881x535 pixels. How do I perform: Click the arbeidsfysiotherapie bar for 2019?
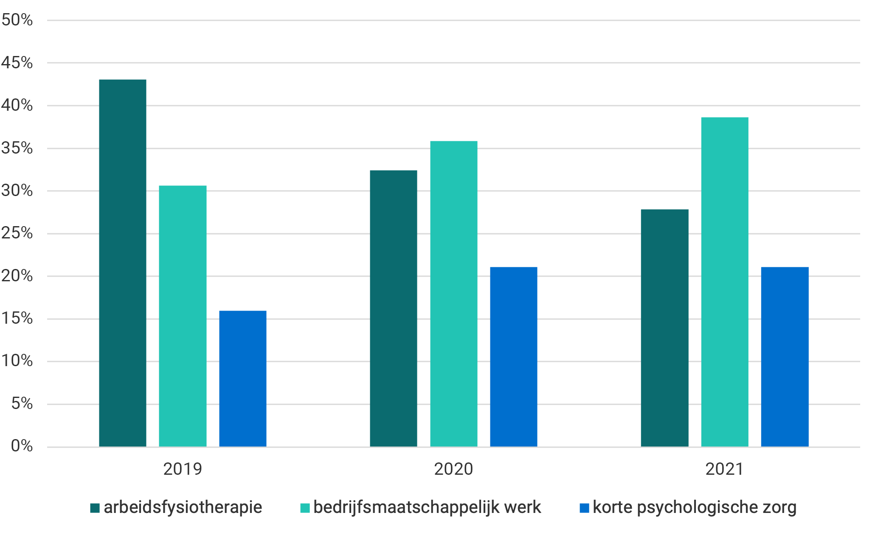click(x=123, y=263)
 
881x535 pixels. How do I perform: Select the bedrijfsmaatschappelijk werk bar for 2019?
click(x=183, y=316)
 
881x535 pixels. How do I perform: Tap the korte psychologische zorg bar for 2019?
click(x=243, y=378)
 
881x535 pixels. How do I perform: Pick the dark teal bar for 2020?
click(x=394, y=308)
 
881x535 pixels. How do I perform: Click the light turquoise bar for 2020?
click(x=454, y=294)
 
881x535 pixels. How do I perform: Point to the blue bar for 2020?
click(x=514, y=357)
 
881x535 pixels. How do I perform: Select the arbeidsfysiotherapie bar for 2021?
click(x=665, y=328)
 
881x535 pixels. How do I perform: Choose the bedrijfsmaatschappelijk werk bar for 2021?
click(x=725, y=282)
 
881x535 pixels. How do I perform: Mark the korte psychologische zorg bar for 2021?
click(x=785, y=357)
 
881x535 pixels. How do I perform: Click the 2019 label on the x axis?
click(x=183, y=469)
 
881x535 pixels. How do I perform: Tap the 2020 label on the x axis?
click(x=453, y=469)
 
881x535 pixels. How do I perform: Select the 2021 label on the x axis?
click(x=724, y=469)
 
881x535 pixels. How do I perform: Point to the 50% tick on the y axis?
click(x=17, y=20)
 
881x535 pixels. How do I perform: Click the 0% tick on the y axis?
click(x=22, y=446)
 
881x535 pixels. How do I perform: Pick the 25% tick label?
click(x=17, y=233)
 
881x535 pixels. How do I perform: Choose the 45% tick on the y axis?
click(x=17, y=63)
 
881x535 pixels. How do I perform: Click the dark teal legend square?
click(x=95, y=508)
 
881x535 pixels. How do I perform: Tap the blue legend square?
click(x=584, y=508)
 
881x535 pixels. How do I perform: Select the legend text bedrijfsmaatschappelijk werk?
click(x=427, y=507)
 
